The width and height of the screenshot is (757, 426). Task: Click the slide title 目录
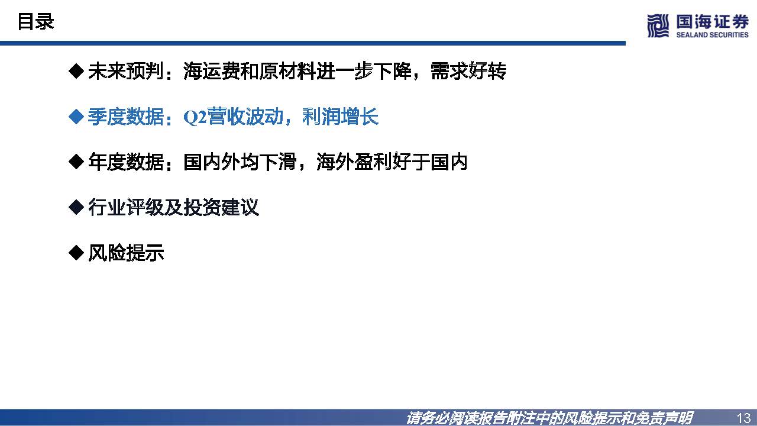click(35, 22)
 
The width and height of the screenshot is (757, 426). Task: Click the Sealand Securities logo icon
click(658, 26)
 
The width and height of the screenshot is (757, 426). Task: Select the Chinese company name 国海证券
click(712, 22)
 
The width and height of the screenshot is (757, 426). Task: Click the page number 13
click(743, 417)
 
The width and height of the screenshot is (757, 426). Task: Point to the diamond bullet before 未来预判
click(76, 72)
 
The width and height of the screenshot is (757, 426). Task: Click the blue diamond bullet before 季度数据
click(76, 117)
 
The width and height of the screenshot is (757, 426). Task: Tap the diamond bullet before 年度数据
click(76, 162)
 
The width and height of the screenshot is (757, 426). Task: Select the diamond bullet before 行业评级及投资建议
click(76, 208)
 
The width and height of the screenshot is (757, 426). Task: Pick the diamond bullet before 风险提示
click(76, 253)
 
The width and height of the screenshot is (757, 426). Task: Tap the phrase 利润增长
click(340, 117)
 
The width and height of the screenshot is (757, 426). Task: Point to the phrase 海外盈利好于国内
click(392, 162)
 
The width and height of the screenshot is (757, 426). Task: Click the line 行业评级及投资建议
click(173, 208)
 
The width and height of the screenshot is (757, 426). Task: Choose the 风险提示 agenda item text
click(125, 253)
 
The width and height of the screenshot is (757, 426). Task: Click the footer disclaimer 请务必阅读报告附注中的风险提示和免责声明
click(549, 418)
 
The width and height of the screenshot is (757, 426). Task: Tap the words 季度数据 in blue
click(125, 117)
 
